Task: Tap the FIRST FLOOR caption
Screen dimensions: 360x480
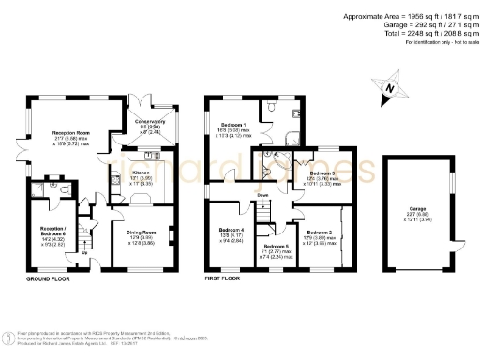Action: (226, 279)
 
